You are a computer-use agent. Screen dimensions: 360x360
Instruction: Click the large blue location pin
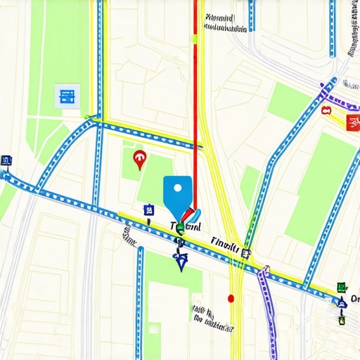tap(177, 194)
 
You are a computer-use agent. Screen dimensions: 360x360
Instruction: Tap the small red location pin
tap(139, 159)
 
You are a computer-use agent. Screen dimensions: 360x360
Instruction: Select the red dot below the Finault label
tap(231, 298)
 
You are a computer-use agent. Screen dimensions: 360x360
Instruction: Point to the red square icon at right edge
tap(353, 123)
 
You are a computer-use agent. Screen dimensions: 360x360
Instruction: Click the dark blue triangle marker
tap(181, 262)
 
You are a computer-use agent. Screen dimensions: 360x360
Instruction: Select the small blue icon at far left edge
tap(6, 160)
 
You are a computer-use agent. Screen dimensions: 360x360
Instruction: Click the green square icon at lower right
tap(341, 287)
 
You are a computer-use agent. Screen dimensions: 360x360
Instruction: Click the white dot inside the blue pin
tap(177, 188)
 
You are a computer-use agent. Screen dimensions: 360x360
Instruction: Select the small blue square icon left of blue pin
tap(148, 210)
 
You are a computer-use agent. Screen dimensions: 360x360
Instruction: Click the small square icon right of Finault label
tap(245, 253)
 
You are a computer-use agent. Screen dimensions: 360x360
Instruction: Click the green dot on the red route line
tap(195, 39)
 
